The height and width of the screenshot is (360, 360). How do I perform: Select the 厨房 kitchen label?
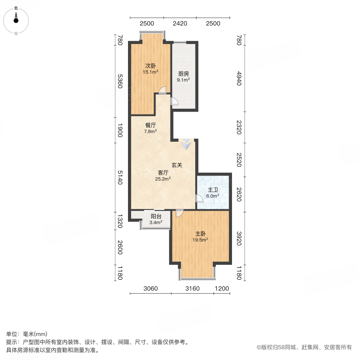tap(184, 74)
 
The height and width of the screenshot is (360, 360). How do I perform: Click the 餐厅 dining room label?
tap(150, 125)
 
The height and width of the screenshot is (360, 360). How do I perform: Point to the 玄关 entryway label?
tap(177, 165)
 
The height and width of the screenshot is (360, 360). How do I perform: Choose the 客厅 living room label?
tap(163, 173)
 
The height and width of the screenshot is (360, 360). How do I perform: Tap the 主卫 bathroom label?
tap(212, 190)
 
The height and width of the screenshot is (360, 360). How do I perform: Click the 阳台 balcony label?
tap(156, 216)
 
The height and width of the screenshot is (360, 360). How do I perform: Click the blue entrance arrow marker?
tap(185, 144)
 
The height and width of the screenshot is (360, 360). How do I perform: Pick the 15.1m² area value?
tap(150, 72)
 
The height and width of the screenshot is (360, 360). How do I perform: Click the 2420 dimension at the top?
tap(180, 24)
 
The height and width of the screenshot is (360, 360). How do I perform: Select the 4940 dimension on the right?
tap(239, 77)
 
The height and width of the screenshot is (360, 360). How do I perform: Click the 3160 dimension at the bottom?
tap(192, 288)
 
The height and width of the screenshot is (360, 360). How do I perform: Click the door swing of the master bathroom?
tap(199, 198)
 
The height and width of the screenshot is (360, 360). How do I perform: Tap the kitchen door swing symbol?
tap(174, 102)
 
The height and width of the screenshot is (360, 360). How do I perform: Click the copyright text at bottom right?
tap(304, 347)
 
